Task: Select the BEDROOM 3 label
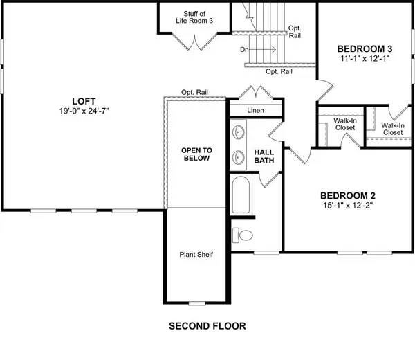coord(365,49)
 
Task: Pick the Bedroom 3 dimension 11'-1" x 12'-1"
coord(365,60)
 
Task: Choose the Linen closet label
coord(255,111)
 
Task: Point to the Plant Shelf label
coord(196,254)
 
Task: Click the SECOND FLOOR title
coord(207,325)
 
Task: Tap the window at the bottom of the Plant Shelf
coord(196,303)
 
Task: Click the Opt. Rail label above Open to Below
coord(195,93)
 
